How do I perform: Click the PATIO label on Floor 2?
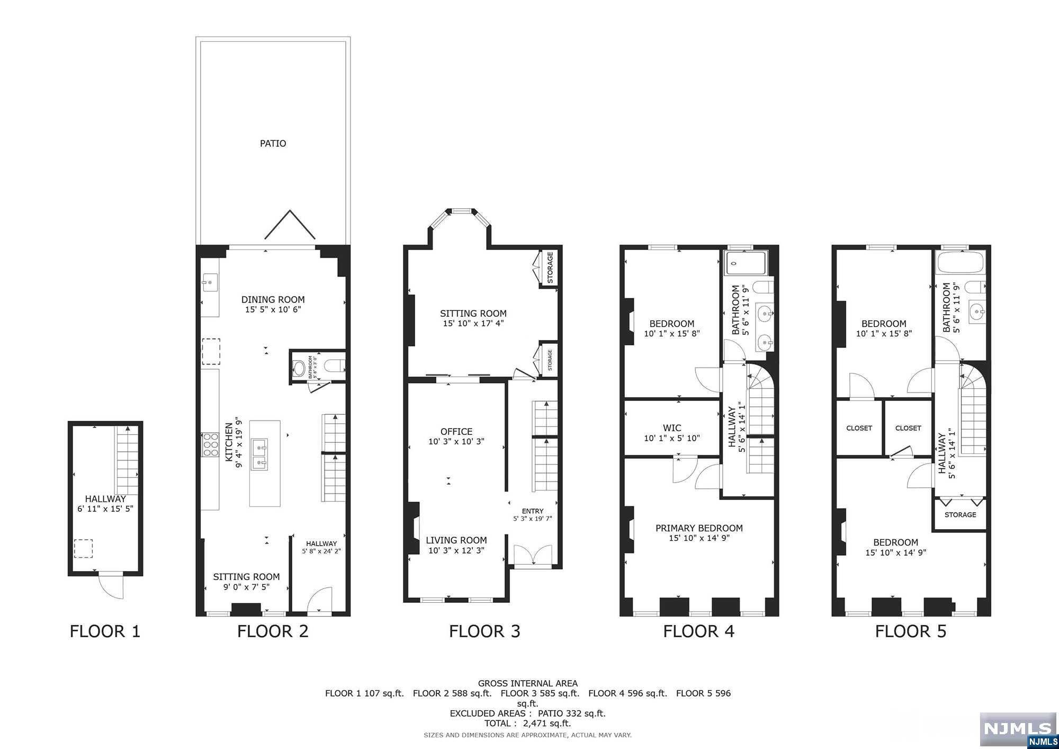point(273,144)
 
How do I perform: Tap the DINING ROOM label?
point(273,299)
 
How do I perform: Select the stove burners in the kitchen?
point(210,445)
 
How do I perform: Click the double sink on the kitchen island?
point(259,454)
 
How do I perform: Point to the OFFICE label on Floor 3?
point(456,432)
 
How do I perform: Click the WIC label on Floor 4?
point(672,428)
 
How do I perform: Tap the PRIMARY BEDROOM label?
point(699,528)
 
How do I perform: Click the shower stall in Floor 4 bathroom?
point(746,263)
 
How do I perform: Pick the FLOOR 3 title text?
point(484,631)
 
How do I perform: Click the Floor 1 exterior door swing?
point(112,587)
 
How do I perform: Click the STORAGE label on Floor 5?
point(960,515)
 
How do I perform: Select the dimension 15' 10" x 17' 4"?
point(473,323)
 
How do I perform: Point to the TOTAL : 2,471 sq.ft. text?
point(527,723)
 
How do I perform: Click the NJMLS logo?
point(1018,730)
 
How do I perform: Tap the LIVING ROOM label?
point(456,540)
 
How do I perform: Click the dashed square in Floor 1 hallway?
point(83,548)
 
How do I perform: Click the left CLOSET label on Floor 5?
point(859,428)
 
